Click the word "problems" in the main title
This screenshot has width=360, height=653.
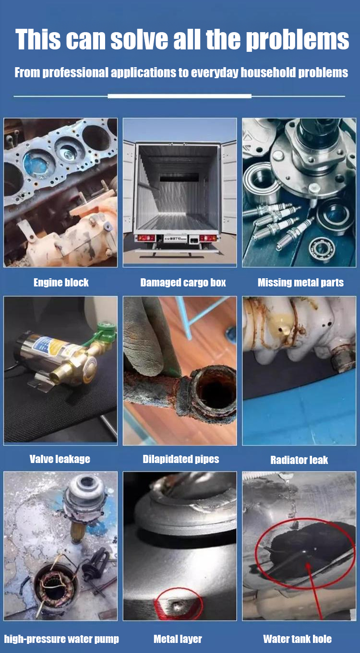(297, 40)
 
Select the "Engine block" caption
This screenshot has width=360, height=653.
(61, 282)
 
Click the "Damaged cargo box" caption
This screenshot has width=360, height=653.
(183, 283)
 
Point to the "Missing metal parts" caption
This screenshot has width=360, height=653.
(300, 283)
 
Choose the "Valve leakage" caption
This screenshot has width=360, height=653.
(60, 459)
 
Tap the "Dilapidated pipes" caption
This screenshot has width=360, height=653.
(180, 459)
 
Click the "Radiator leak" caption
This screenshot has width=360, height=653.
(299, 460)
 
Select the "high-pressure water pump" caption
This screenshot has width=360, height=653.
(61, 639)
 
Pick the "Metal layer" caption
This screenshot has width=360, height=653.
(178, 639)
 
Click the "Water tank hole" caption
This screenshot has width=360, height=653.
(297, 639)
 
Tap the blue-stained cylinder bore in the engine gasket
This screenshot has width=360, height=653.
(36, 163)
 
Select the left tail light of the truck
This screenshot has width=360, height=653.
(146, 238)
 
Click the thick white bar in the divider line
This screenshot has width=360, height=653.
(180, 96)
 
